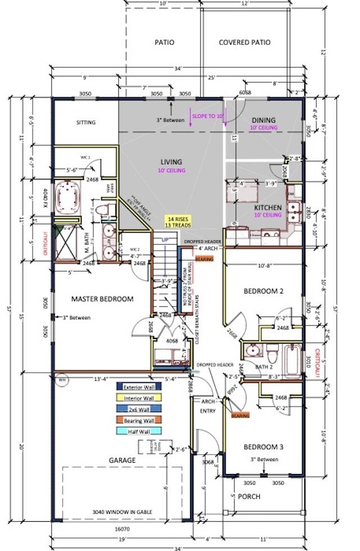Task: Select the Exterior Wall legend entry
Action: click(x=139, y=386)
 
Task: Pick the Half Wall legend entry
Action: click(x=139, y=431)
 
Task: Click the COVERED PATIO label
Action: click(x=244, y=42)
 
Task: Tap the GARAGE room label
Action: click(x=122, y=460)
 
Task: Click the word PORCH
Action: click(x=249, y=496)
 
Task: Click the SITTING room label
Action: click(x=86, y=123)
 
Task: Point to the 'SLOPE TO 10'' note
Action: click(x=208, y=115)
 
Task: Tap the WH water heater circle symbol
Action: click(x=61, y=378)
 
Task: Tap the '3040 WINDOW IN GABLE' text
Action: click(x=121, y=512)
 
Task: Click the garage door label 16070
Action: click(x=121, y=529)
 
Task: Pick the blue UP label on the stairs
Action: click(x=165, y=240)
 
